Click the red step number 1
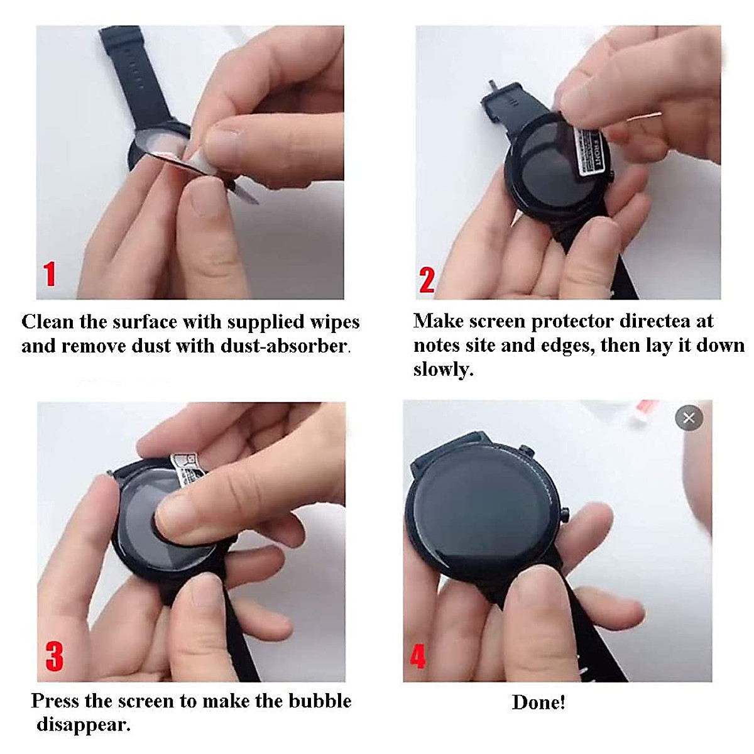(50, 275)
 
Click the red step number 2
(427, 280)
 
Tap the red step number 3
(55, 655)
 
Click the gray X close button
(689, 418)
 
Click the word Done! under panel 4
(538, 702)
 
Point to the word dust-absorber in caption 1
(303, 346)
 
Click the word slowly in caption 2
(442, 369)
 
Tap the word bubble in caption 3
(319, 701)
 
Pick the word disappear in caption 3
(83, 724)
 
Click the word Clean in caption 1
(48, 322)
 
